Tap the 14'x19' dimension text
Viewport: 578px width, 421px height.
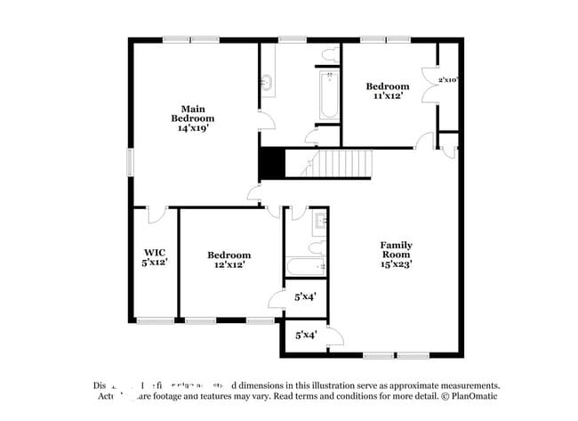[193, 128]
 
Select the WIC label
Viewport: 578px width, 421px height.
[156, 252]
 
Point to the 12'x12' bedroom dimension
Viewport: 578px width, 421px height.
[229, 264]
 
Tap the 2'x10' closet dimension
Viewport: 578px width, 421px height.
[447, 80]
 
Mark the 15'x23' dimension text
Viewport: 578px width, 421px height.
[397, 264]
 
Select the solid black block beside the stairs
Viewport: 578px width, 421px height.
[270, 163]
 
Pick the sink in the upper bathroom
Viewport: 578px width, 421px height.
[267, 83]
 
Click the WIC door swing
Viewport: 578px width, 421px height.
[157, 215]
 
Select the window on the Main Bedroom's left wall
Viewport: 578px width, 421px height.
[130, 163]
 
